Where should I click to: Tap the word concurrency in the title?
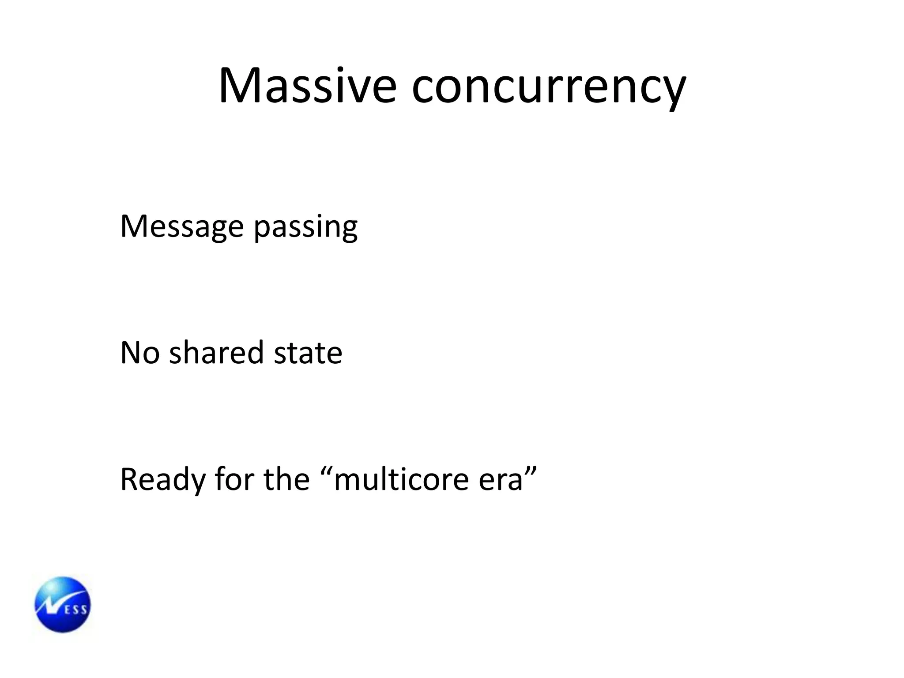549,87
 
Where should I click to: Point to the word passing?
305,228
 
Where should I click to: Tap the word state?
308,353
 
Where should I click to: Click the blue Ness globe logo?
63,604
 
